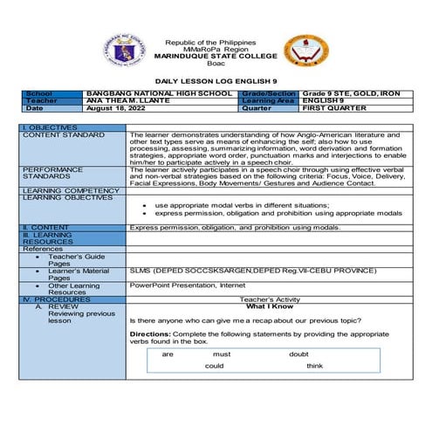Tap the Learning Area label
(270, 100)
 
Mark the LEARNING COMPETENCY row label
(70, 190)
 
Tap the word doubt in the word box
(298, 354)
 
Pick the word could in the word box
(215, 366)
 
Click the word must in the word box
(222, 354)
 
